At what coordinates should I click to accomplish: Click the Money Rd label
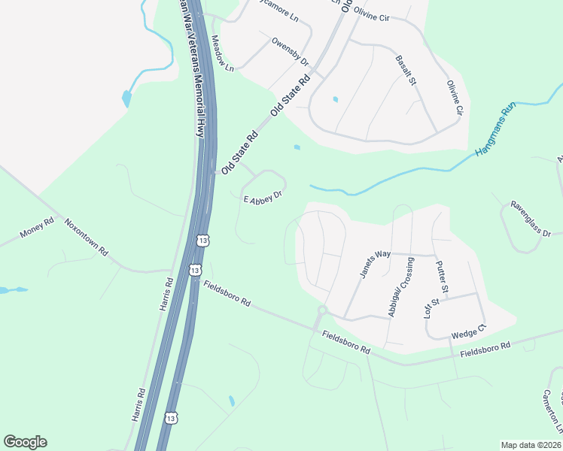click(x=38, y=229)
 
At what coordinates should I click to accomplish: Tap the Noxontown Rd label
click(x=85, y=238)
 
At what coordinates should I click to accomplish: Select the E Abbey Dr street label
click(x=263, y=197)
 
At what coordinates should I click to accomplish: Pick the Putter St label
click(x=443, y=277)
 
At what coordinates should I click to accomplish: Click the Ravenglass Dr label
click(x=531, y=218)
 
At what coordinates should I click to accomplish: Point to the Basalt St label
click(x=406, y=69)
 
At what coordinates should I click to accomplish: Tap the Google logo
click(x=25, y=442)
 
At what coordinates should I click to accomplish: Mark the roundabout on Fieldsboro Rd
click(x=322, y=310)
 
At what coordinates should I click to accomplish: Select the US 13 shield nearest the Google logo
click(x=172, y=417)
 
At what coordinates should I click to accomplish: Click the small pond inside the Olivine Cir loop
click(x=335, y=98)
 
